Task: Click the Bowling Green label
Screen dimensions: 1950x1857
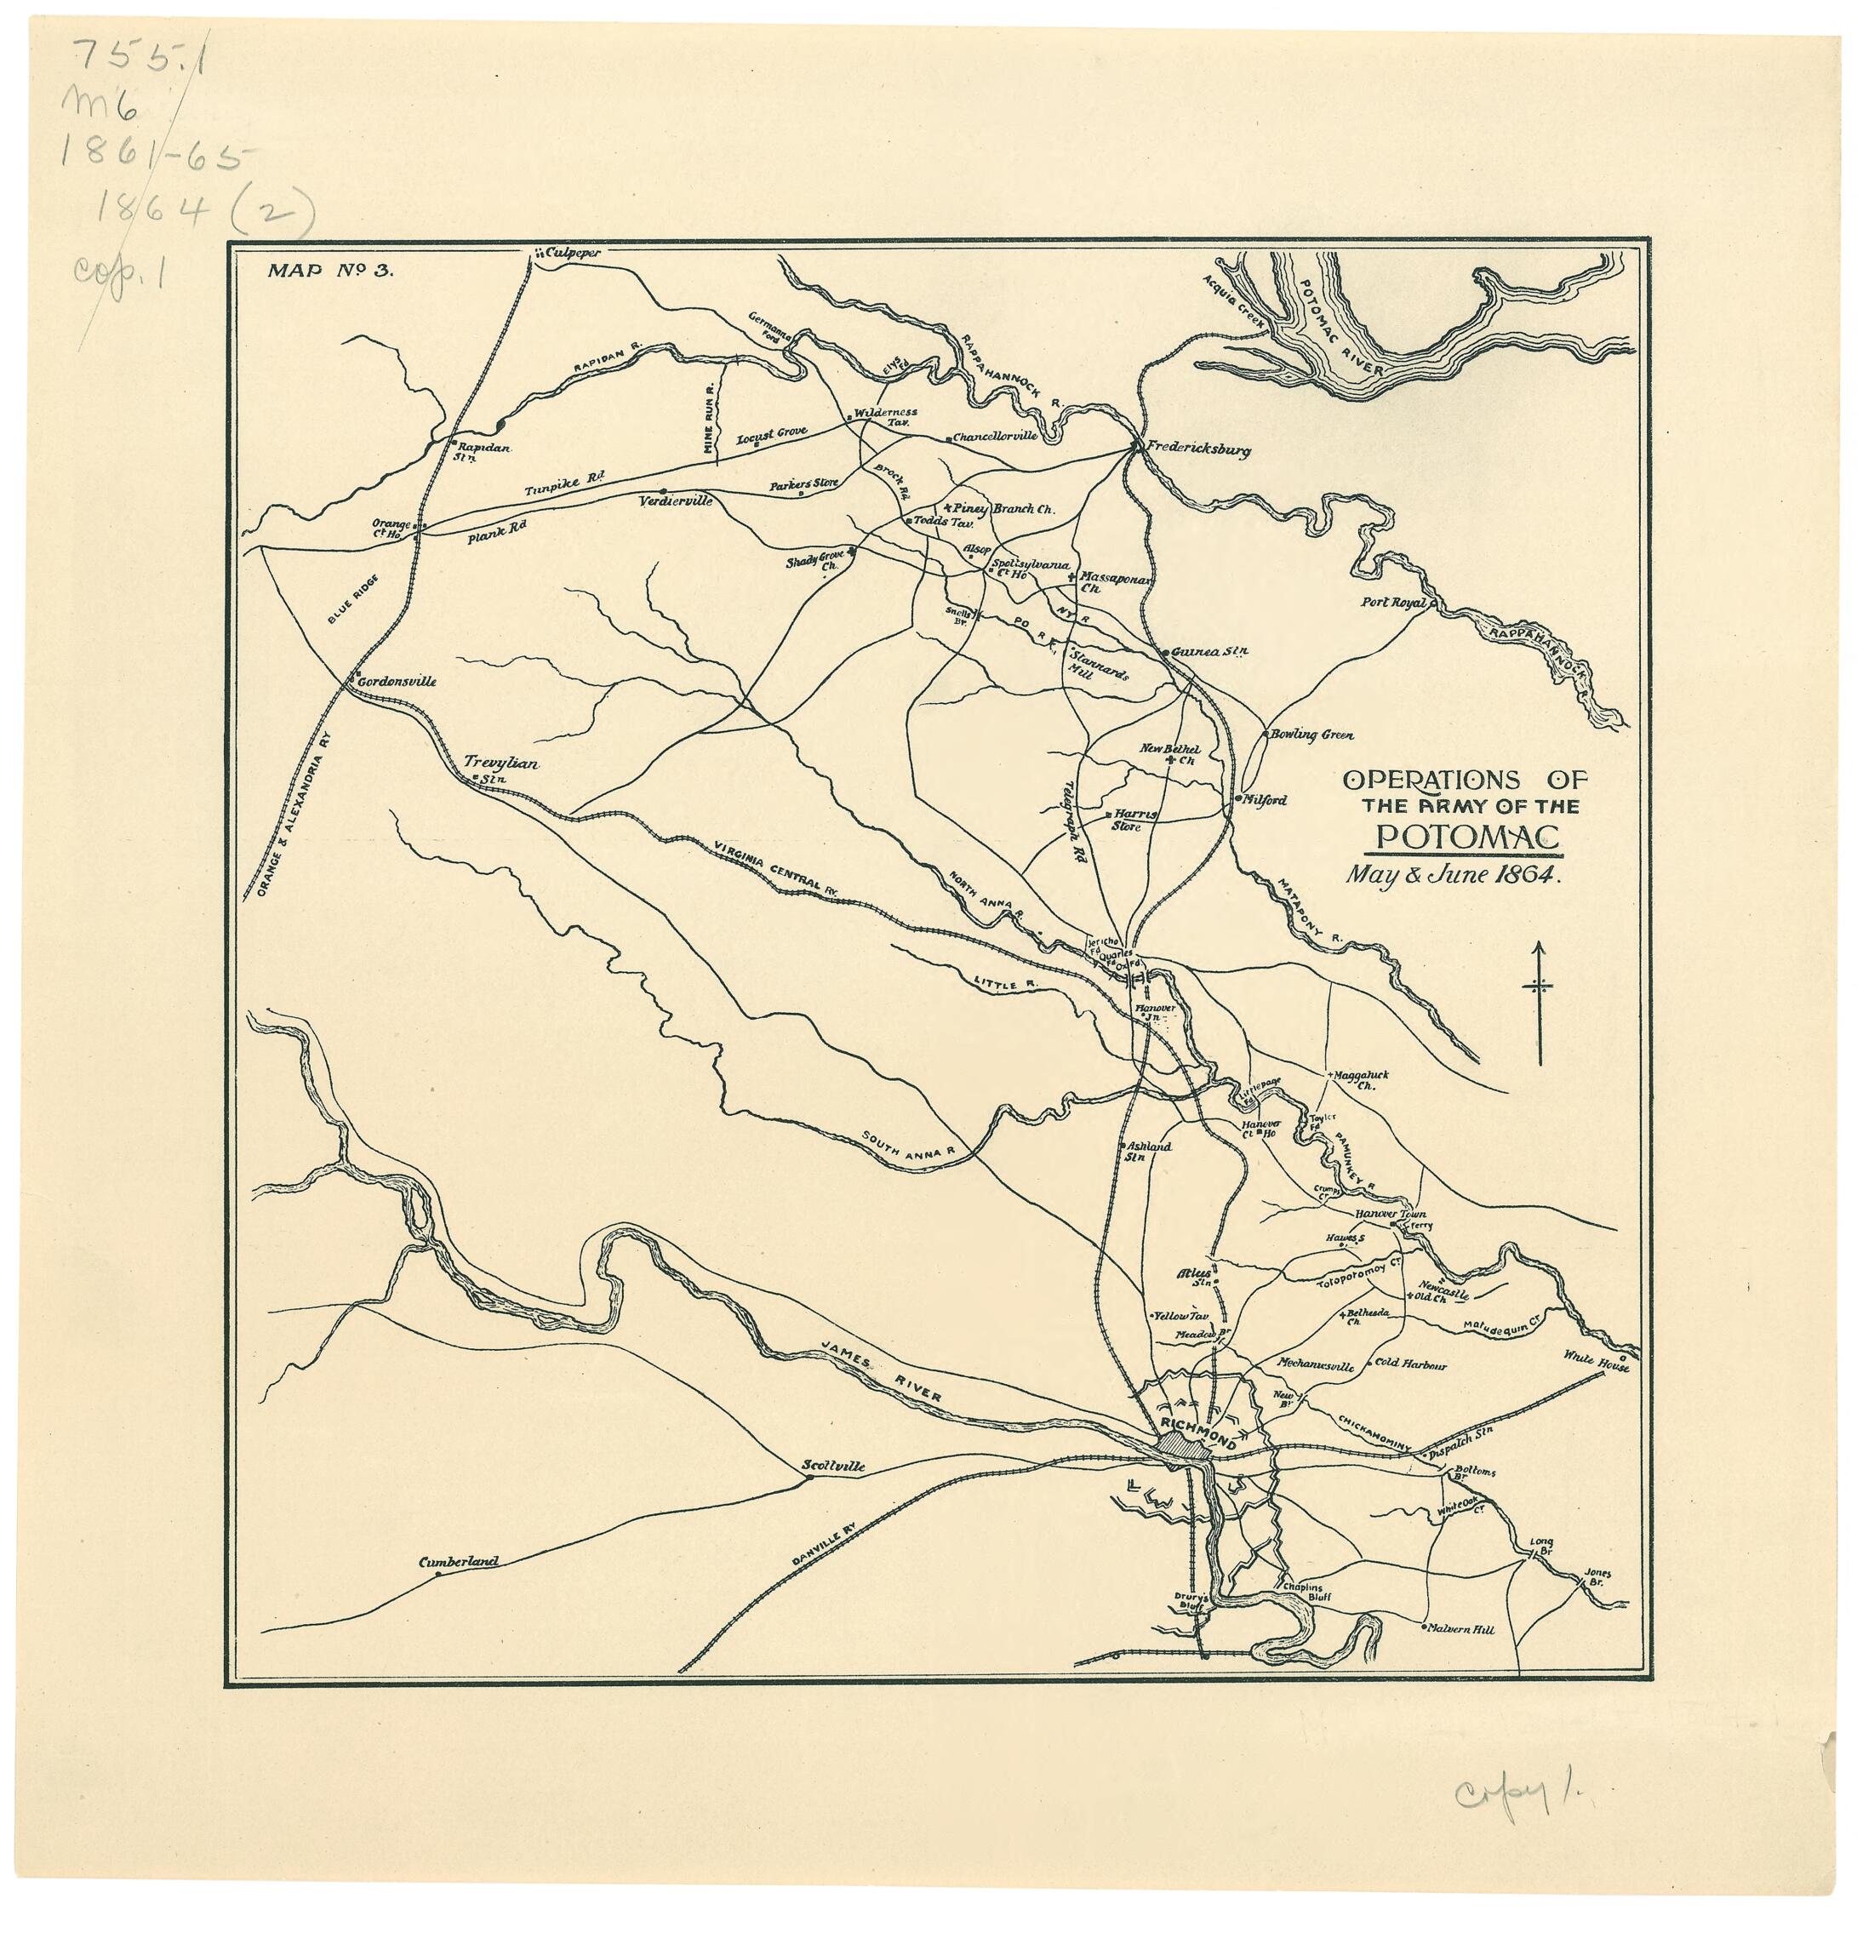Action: coord(1311,735)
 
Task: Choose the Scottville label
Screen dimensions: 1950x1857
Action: coord(832,1466)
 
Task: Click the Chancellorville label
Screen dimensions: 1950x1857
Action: coord(994,436)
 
